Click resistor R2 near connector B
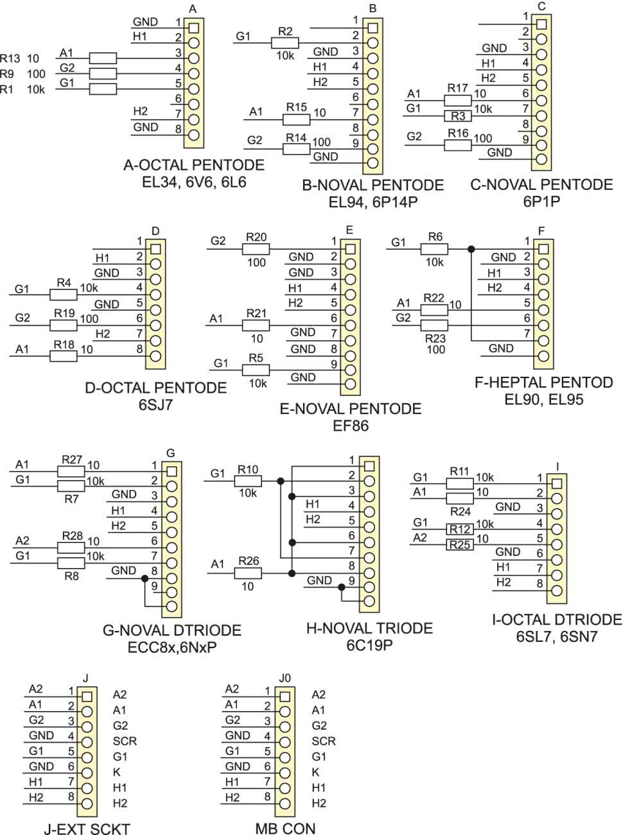pyautogui.click(x=285, y=42)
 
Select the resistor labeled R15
pyautogui.click(x=297, y=119)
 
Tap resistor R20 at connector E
pyautogui.click(x=256, y=249)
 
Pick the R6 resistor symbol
pyautogui.click(x=435, y=249)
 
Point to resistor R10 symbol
pyautogui.click(x=248, y=481)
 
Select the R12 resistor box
pyautogui.click(x=460, y=529)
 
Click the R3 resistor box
pyautogui.click(x=457, y=116)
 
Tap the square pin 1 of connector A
pyautogui.click(x=193, y=28)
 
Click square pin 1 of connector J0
pyautogui.click(x=285, y=696)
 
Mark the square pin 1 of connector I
pyautogui.click(x=556, y=483)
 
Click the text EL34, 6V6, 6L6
pyautogui.click(x=194, y=182)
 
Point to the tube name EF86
pyautogui.click(x=351, y=426)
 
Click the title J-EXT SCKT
pyautogui.click(x=87, y=828)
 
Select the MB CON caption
pyautogui.click(x=285, y=828)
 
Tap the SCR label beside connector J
pyautogui.click(x=125, y=741)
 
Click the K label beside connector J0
pyautogui.click(x=315, y=772)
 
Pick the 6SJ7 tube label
pyautogui.click(x=156, y=404)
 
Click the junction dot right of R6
pyautogui.click(x=471, y=249)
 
